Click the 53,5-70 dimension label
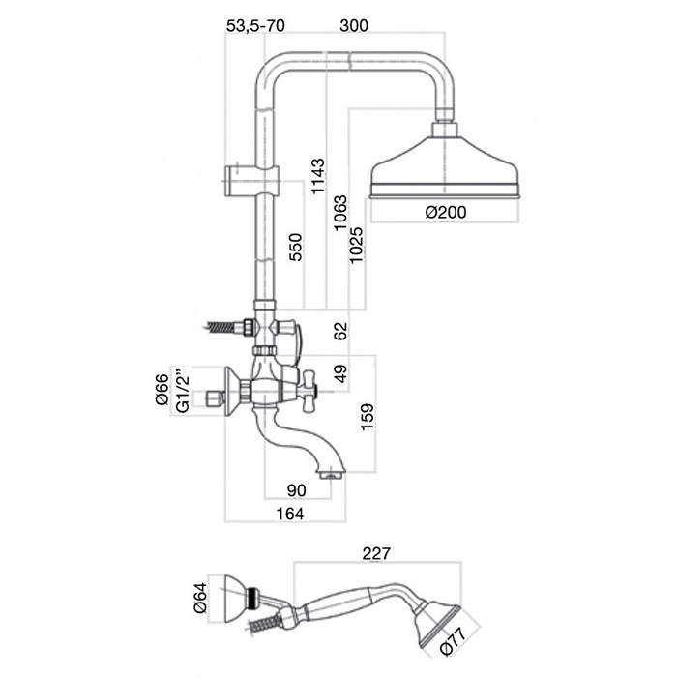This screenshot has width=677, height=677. [x=255, y=26]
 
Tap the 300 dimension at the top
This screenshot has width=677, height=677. [x=355, y=26]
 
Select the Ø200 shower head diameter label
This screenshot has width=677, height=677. [x=444, y=212]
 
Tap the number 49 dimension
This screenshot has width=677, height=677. [x=338, y=373]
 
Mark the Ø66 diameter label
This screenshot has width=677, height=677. [x=162, y=391]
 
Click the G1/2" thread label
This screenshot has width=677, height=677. [x=183, y=391]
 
